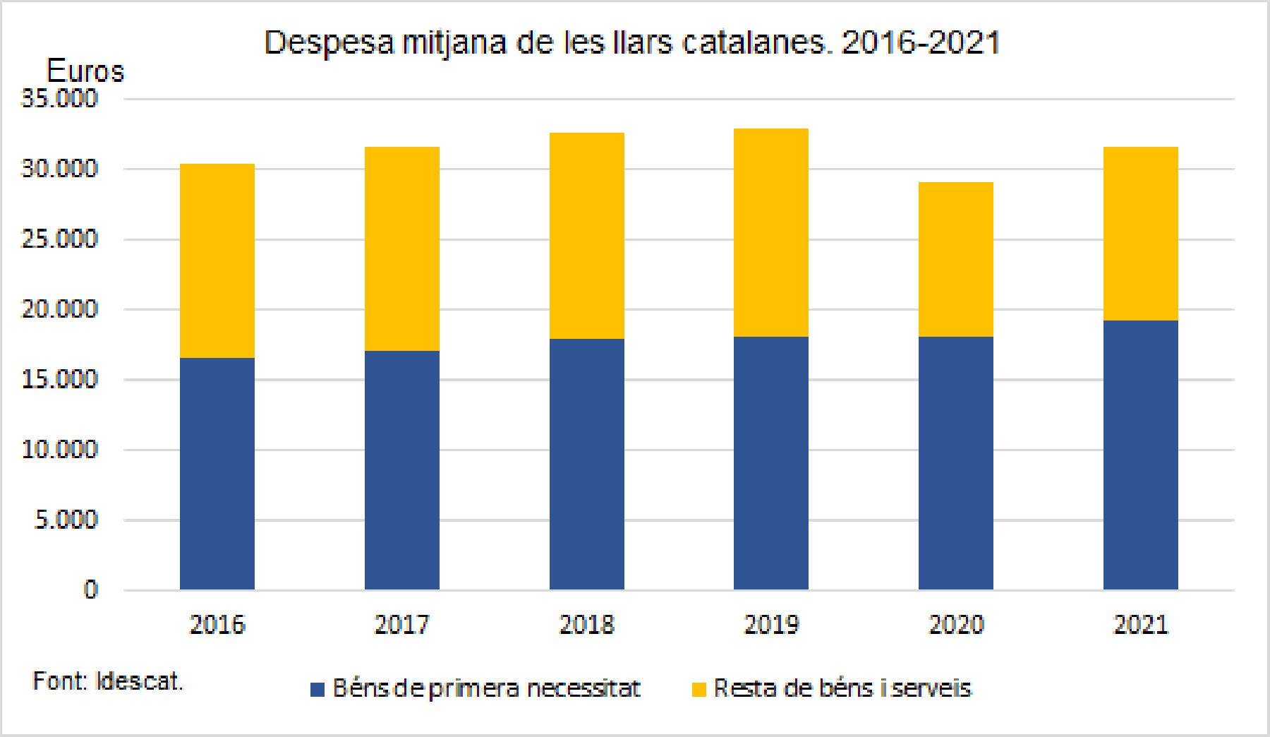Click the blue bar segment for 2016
click(217, 473)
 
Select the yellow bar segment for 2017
click(402, 248)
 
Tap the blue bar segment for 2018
click(587, 464)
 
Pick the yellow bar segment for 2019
click(771, 232)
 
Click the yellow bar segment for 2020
click(956, 259)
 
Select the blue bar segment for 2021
click(1141, 455)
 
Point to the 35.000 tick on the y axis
click(59, 99)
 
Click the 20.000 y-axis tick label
click(59, 309)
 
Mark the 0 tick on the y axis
click(90, 589)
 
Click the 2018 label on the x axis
click(586, 625)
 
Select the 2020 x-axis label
click(956, 625)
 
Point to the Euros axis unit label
click(85, 71)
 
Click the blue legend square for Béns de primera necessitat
click(318, 689)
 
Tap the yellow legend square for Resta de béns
click(699, 689)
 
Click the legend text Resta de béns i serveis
click(842, 688)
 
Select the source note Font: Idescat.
click(108, 681)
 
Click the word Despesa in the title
click(328, 44)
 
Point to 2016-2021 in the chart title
click(921, 43)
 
